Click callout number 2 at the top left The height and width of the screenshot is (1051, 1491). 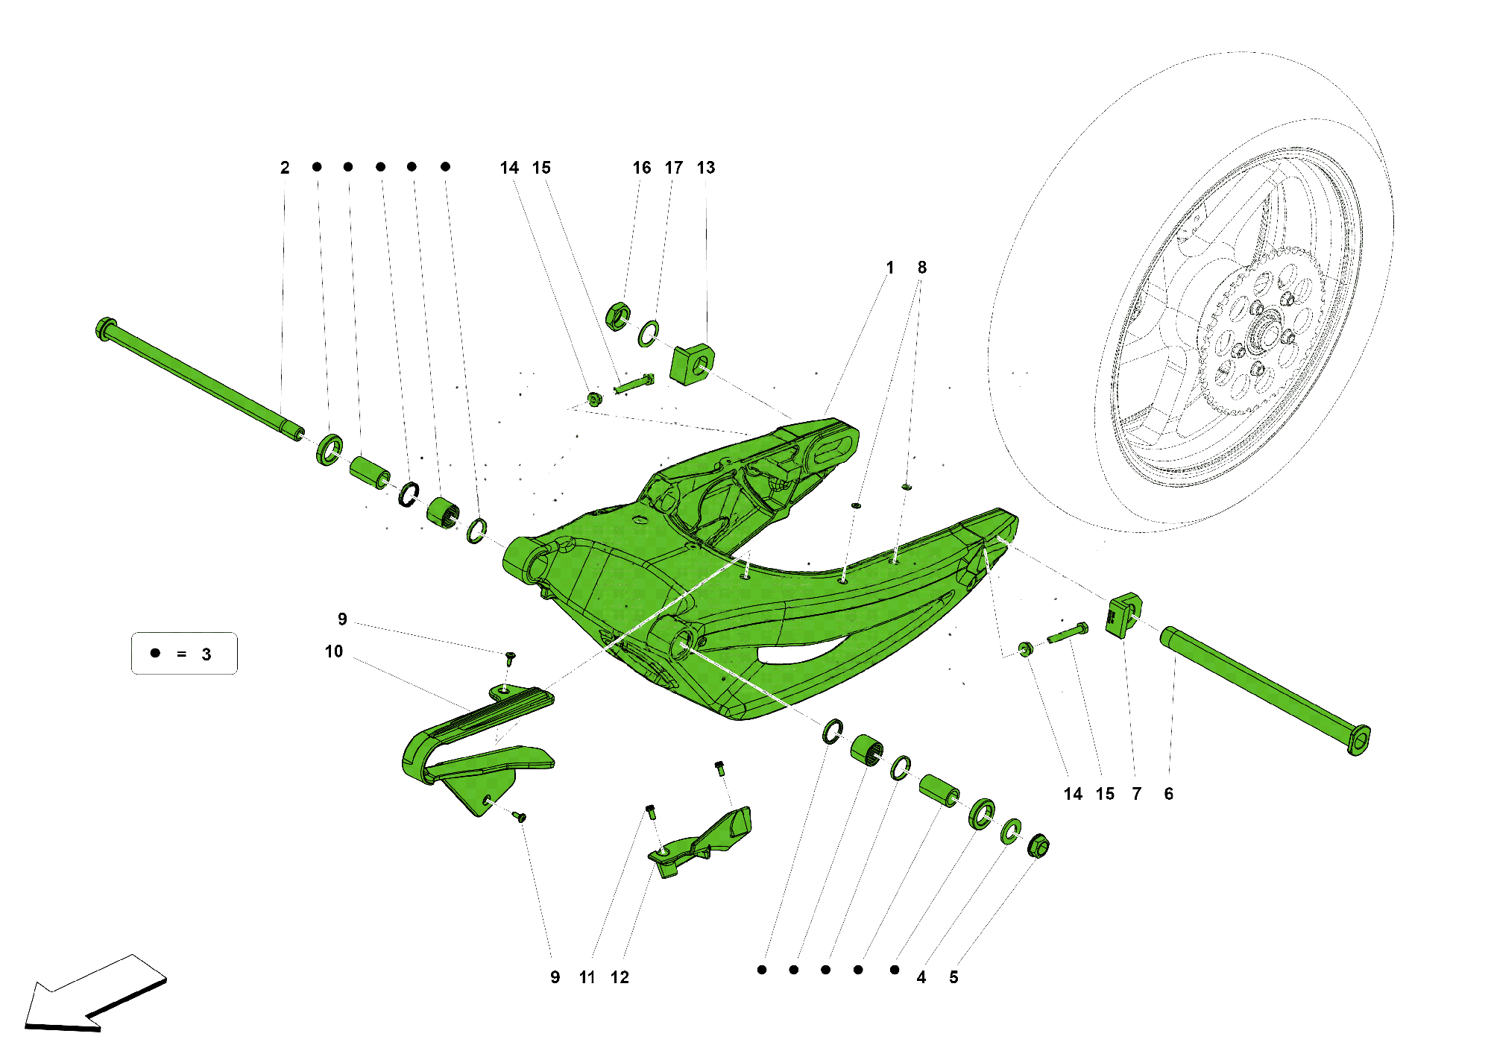pyautogui.click(x=285, y=168)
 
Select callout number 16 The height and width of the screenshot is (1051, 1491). pyautogui.click(x=641, y=168)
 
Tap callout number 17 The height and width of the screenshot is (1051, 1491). pyautogui.click(x=674, y=168)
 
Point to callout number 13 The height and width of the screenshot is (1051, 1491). pyautogui.click(x=706, y=168)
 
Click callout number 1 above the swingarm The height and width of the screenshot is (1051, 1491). pyautogui.click(x=889, y=268)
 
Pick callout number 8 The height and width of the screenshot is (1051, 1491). pyautogui.click(x=922, y=268)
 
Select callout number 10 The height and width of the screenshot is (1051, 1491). pyautogui.click(x=334, y=652)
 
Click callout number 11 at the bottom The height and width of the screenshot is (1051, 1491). pyautogui.click(x=587, y=977)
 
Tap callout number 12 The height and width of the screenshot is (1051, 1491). pyautogui.click(x=620, y=977)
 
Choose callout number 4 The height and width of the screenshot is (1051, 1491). pyautogui.click(x=921, y=977)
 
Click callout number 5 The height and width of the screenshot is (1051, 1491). pyautogui.click(x=953, y=977)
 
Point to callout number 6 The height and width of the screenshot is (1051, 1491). pyautogui.click(x=1168, y=795)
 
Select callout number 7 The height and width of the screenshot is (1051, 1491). pyautogui.click(x=1136, y=795)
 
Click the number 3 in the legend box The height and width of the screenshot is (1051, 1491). pyautogui.click(x=207, y=654)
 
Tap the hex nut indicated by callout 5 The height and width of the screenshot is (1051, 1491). pyautogui.click(x=1038, y=847)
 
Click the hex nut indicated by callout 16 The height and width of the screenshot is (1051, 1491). pyautogui.click(x=618, y=316)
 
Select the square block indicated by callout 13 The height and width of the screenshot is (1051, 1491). pyautogui.click(x=693, y=364)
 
